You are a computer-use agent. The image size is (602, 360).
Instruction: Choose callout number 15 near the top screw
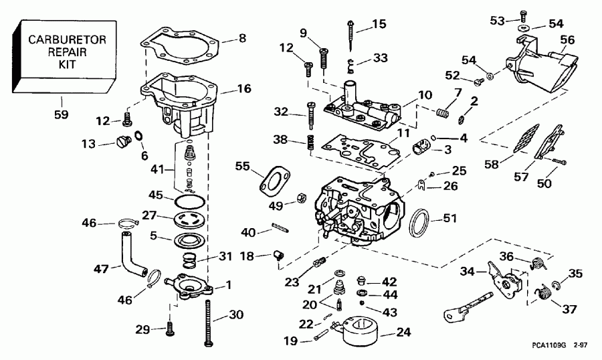click(x=379, y=25)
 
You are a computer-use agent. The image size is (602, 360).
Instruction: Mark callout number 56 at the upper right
click(x=567, y=40)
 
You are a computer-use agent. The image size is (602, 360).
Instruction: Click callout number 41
click(x=157, y=170)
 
